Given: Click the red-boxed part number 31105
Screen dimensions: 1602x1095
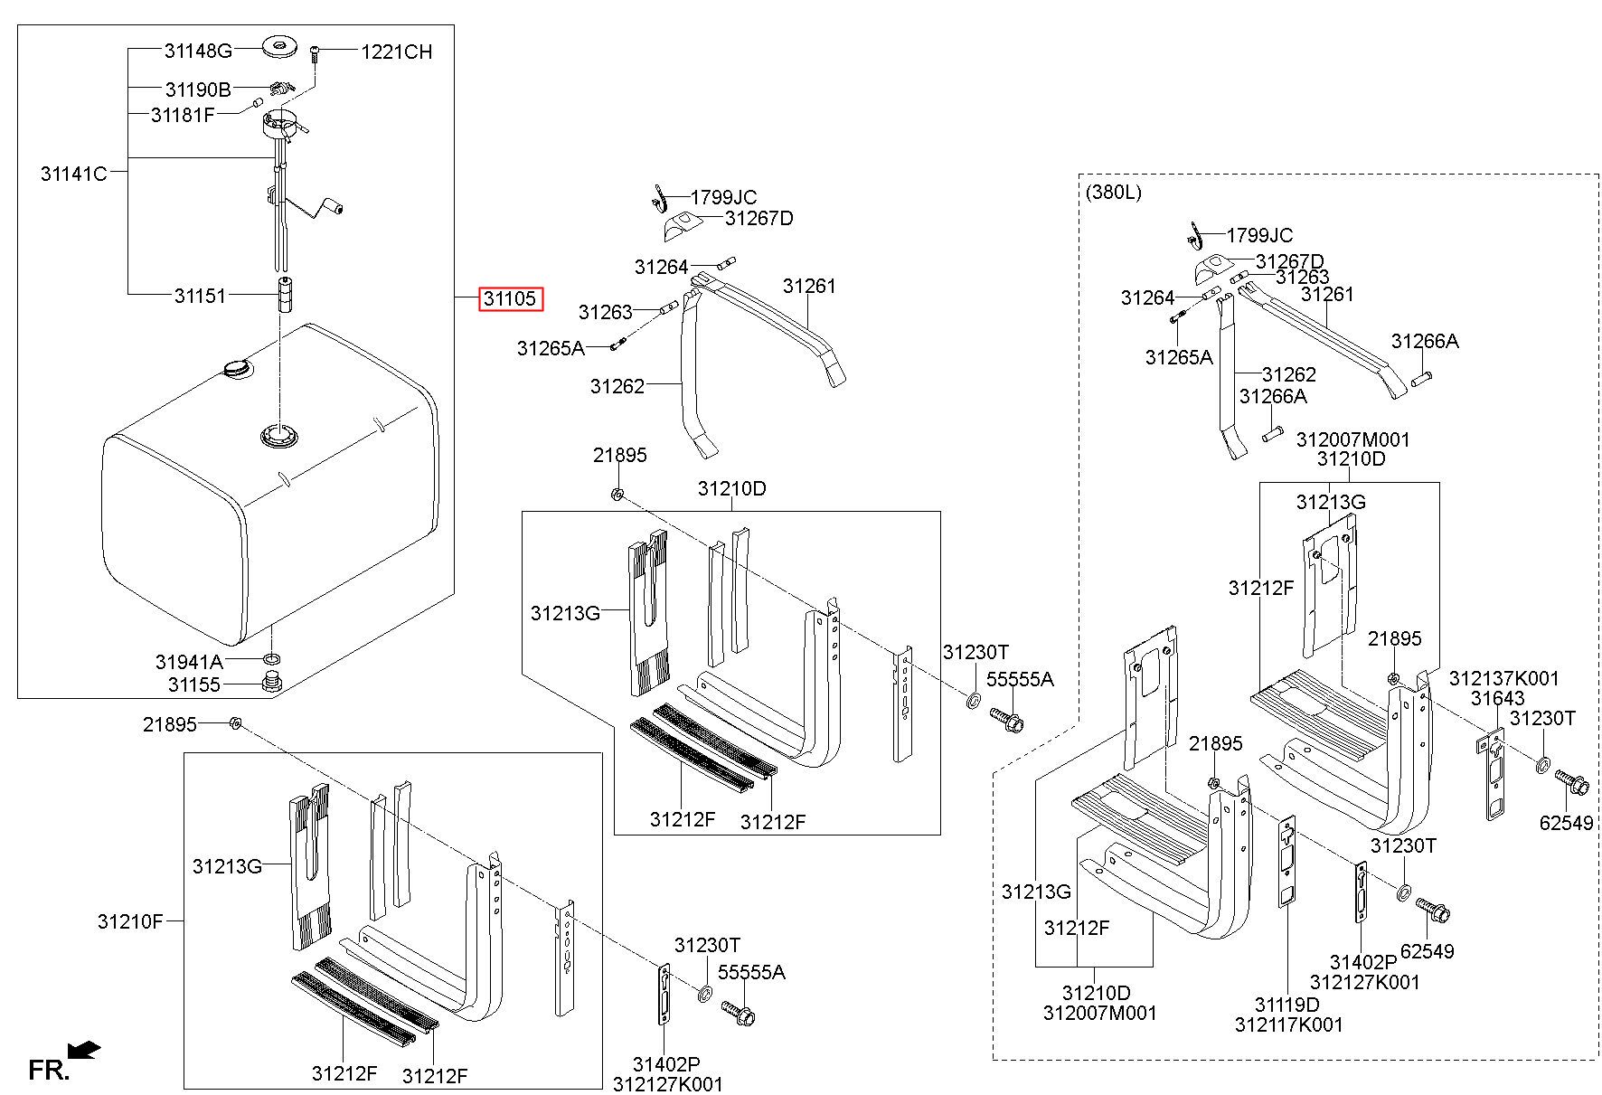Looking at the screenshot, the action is [511, 298].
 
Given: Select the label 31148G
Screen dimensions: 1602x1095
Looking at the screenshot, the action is [198, 51].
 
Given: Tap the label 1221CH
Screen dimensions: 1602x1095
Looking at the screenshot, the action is [397, 52].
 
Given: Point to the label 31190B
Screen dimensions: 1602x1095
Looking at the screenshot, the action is [198, 90].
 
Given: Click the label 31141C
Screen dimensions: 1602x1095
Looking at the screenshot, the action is [73, 173].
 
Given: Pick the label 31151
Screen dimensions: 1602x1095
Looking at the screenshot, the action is [200, 296].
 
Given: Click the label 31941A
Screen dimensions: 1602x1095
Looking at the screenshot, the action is [189, 662].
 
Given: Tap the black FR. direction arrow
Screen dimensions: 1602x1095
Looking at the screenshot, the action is [85, 1050].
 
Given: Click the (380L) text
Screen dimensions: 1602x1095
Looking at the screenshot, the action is [1113, 192].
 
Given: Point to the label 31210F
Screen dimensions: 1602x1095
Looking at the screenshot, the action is [131, 921].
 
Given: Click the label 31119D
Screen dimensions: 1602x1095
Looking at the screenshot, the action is [1286, 1005].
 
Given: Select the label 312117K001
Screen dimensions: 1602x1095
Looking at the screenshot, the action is [1288, 1024].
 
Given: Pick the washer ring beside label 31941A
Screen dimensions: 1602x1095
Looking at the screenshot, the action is [271, 656].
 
